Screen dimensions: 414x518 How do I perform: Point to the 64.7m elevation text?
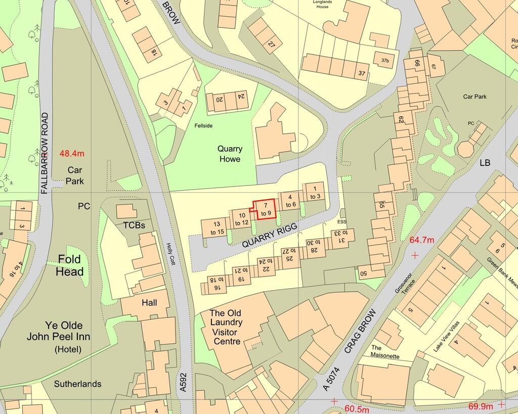pos(420,240)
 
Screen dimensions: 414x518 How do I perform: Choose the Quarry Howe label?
pos(229,154)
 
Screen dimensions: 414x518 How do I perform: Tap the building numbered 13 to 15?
pos(217,228)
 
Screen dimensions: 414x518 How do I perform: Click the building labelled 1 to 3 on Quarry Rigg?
pos(315,193)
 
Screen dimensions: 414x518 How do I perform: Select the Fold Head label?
pos(70,265)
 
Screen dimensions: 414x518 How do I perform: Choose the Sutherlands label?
pos(77,384)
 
